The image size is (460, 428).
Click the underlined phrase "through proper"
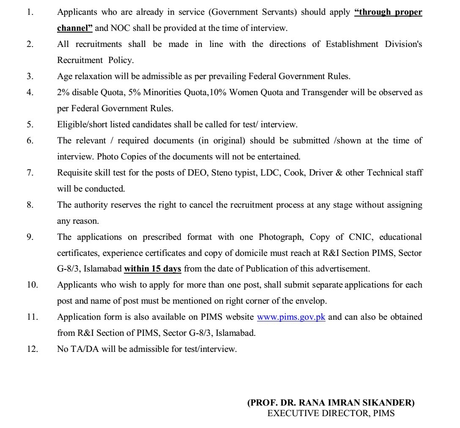(389, 12)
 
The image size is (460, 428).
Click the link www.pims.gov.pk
(291, 317)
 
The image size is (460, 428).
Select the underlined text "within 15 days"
(153, 269)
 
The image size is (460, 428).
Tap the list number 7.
(30, 173)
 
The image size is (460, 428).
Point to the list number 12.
(32, 349)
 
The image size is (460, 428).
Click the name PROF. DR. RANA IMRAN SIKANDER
(331, 403)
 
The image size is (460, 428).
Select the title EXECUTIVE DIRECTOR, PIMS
(331, 414)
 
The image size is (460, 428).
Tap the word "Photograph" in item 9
(282, 237)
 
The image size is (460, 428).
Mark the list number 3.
(30, 77)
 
